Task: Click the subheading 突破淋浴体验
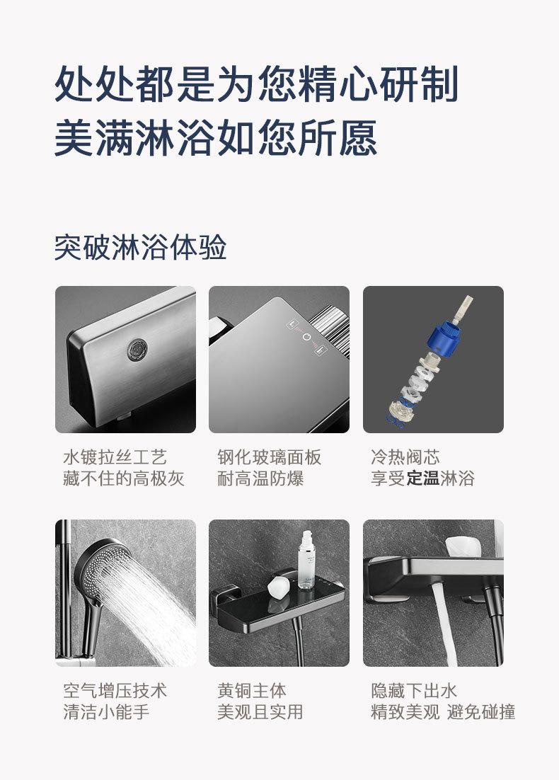(140, 248)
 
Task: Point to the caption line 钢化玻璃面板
(269, 457)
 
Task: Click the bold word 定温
(422, 479)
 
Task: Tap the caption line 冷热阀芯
(405, 457)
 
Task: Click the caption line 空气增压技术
(115, 691)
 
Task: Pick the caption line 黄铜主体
(251, 691)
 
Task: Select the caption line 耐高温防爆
(260, 479)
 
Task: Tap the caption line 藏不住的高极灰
(123, 479)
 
